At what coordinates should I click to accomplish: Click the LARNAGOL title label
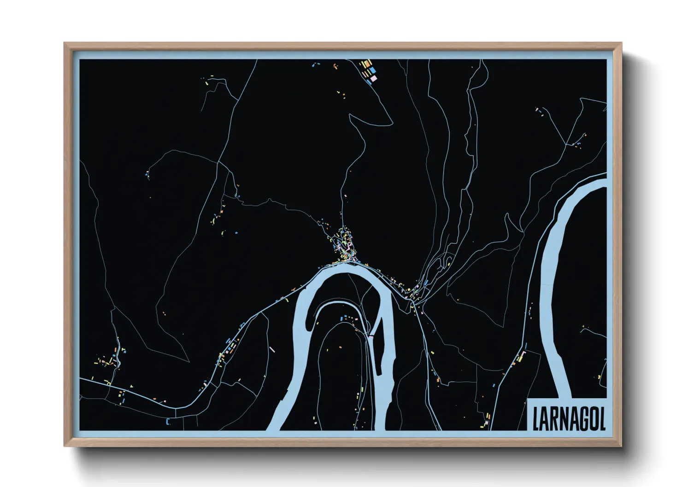point(568,417)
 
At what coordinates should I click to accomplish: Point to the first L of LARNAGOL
point(536,417)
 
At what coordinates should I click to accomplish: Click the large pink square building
point(374,79)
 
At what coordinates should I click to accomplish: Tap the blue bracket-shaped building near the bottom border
point(168,420)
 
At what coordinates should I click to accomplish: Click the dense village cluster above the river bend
point(345,246)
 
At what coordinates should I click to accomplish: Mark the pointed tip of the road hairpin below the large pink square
point(351,117)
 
